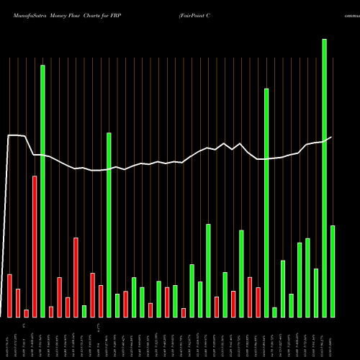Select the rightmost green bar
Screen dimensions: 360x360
[x=333, y=271]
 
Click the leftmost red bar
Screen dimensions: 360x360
[x=9, y=295]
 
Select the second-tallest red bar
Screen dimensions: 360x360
[x=76, y=277]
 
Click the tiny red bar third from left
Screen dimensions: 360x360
[x=26, y=313]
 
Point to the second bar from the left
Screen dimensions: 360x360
[x=18, y=302]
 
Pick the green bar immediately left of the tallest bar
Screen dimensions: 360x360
[x=316, y=292]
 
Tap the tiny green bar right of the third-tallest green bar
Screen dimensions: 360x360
[x=274, y=312]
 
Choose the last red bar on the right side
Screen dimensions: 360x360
[x=258, y=302]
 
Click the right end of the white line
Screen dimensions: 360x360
[x=332, y=137]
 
